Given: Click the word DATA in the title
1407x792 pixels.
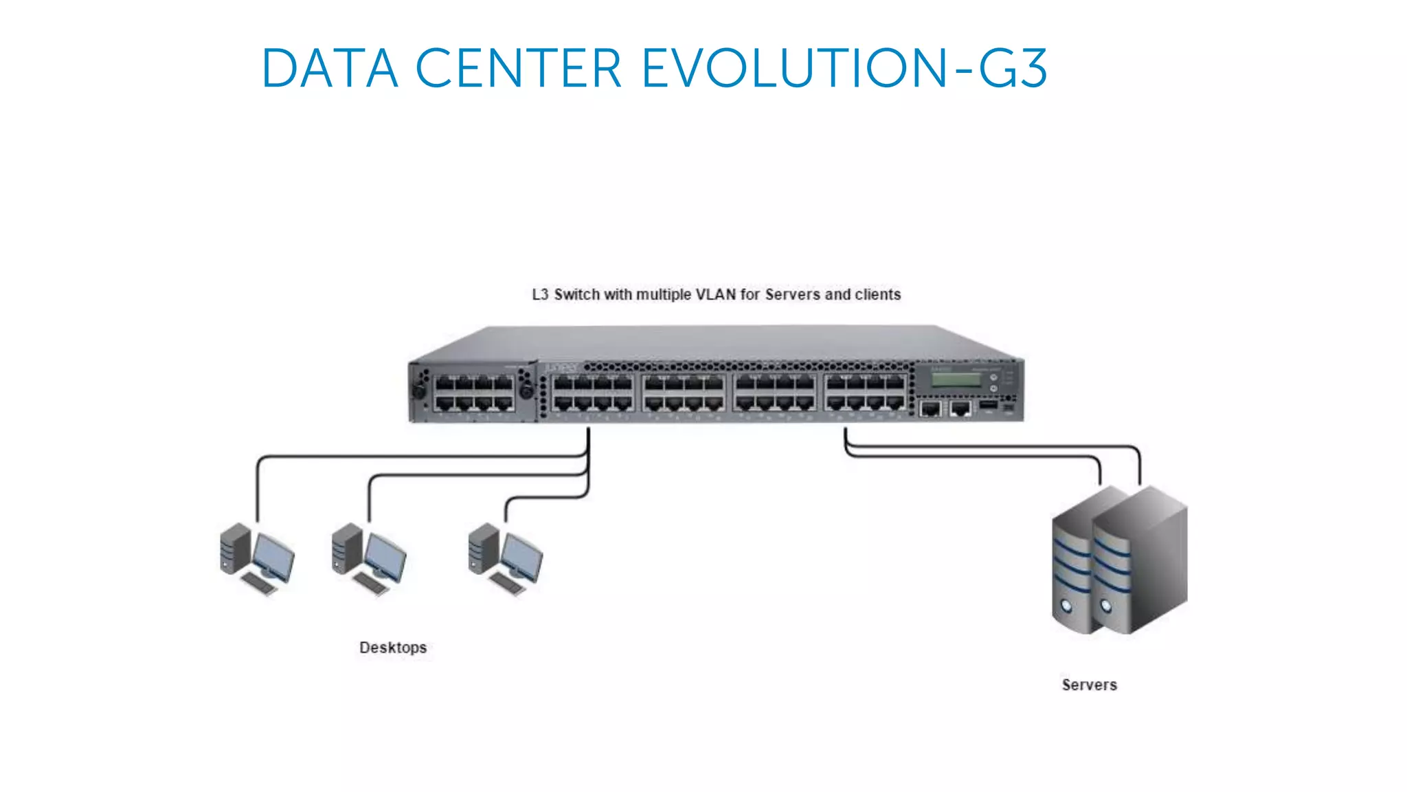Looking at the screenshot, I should tap(330, 69).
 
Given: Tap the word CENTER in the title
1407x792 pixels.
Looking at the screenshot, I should tap(519, 69).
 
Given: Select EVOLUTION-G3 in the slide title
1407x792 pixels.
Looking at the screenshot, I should tap(844, 69).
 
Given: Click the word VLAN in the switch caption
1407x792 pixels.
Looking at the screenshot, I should tap(716, 295).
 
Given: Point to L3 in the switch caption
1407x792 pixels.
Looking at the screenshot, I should tap(540, 295).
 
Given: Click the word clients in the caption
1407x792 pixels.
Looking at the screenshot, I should tap(877, 295).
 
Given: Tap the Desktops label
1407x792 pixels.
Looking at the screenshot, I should tap(393, 648).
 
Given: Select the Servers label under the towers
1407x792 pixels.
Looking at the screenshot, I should tap(1089, 685).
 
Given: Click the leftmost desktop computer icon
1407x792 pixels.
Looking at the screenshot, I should tap(257, 558).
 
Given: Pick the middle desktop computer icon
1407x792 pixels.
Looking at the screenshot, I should tap(369, 558).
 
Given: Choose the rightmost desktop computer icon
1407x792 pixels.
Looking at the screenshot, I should tap(506, 558).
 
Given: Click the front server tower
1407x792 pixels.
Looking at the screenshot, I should tap(1140, 560).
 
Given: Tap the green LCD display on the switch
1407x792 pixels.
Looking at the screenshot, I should tap(955, 379).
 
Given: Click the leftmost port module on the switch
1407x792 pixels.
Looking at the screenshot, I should tap(473, 393).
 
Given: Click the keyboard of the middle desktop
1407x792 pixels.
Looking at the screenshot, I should tap(371, 584).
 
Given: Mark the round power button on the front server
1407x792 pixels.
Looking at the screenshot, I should tap(1106, 606).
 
